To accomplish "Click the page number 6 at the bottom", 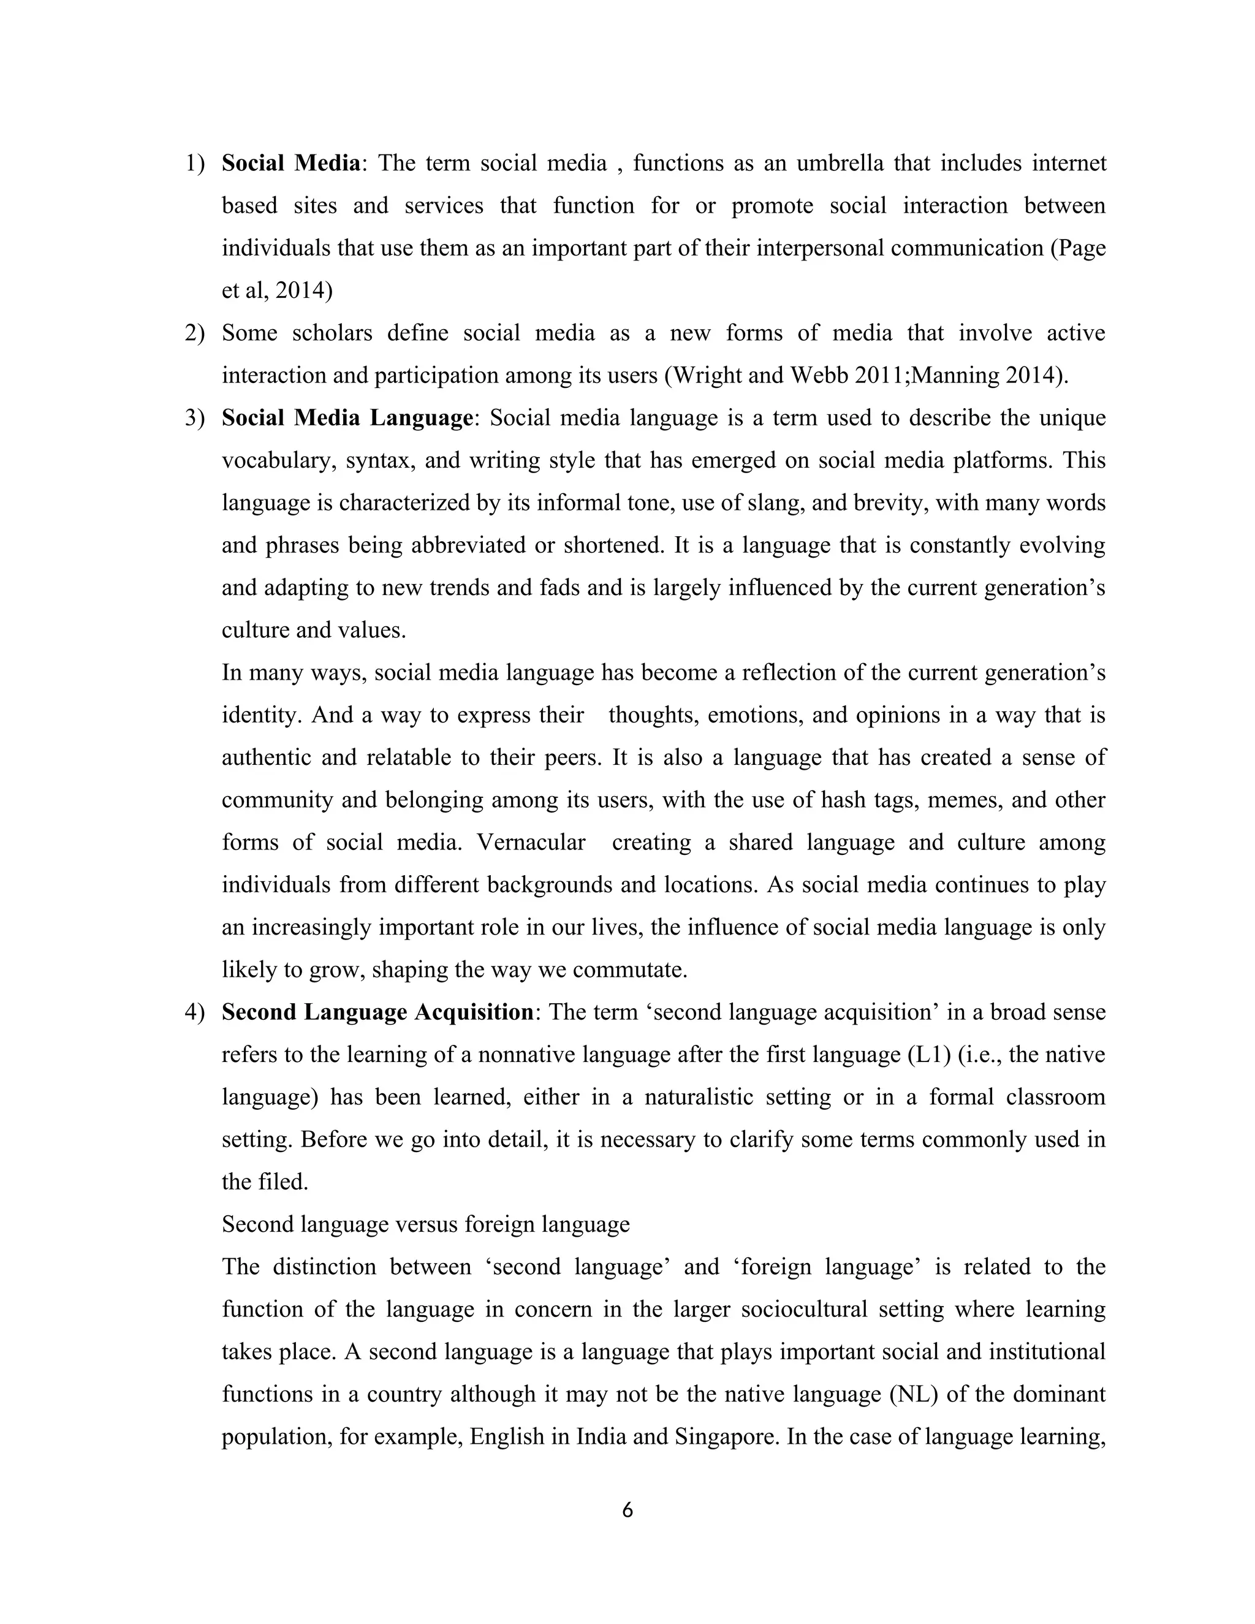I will pos(627,1510).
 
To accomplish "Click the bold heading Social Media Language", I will pos(346,418).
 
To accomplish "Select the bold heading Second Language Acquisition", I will pos(377,1012).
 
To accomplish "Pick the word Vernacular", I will pos(531,843).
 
